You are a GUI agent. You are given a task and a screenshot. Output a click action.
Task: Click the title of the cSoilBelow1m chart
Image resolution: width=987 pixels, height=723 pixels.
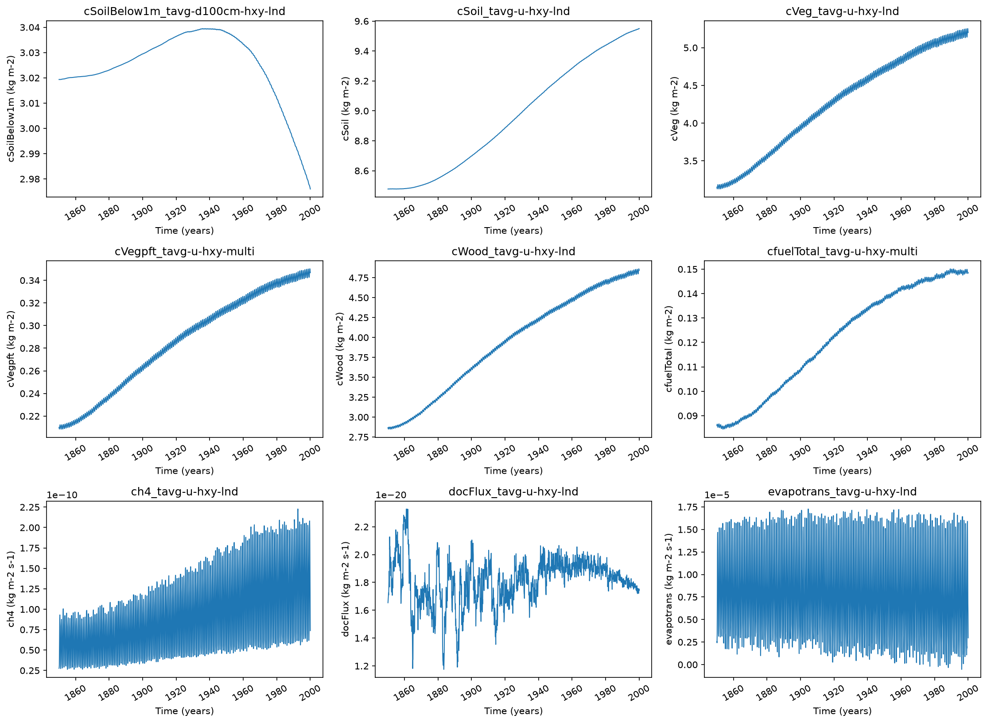[x=184, y=11]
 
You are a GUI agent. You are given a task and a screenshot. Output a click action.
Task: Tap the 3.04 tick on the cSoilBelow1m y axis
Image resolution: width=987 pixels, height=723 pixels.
[x=30, y=27]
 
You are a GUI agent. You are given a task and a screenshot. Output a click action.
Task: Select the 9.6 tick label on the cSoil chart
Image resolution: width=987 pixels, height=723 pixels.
[x=361, y=21]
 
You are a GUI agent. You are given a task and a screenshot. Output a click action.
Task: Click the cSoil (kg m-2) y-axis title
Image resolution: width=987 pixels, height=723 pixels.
[x=346, y=109]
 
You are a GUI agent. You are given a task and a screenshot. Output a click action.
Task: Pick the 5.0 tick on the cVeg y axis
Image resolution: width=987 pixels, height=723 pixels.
[x=691, y=48]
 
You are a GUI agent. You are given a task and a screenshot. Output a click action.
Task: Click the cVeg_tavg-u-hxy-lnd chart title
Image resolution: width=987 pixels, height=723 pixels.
[x=842, y=11]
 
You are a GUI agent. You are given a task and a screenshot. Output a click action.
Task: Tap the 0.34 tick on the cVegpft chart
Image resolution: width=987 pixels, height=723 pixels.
[x=30, y=280]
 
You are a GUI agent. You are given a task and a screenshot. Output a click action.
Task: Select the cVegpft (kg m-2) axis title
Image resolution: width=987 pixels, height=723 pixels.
[x=11, y=349]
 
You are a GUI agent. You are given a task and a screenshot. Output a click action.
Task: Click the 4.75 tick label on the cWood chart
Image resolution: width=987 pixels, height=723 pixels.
[x=359, y=278]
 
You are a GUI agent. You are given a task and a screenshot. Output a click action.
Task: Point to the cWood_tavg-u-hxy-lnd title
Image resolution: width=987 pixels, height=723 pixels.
[x=513, y=251]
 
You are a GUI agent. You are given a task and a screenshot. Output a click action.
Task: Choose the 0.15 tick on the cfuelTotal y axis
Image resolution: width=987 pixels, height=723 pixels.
[x=688, y=269]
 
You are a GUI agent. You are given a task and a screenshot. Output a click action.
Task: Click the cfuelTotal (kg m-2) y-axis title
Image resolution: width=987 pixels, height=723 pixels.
[x=669, y=349]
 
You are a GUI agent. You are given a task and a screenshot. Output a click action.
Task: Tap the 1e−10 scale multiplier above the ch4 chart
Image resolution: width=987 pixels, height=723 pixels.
[x=62, y=495]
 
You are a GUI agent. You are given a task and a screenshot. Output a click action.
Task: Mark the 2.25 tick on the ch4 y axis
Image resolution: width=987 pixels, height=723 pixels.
[x=30, y=507]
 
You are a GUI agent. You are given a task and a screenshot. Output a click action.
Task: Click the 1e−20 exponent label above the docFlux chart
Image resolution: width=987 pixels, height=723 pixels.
[x=391, y=495]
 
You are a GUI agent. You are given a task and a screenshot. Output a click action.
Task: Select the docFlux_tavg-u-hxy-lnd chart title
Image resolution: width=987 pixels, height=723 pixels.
[x=513, y=491]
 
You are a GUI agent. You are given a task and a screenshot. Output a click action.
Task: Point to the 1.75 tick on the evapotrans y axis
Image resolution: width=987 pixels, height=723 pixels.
[x=688, y=507]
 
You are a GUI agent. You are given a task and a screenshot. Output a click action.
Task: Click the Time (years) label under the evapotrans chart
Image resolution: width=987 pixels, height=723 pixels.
[x=842, y=711]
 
